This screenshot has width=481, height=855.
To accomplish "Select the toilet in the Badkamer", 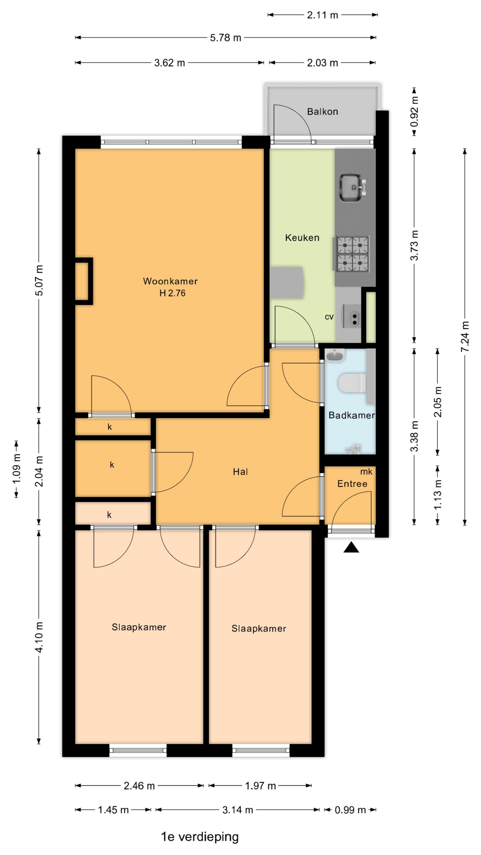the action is tap(352, 383).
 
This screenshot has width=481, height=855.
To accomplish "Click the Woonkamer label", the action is tap(170, 281).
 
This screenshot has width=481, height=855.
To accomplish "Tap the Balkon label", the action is tap(322, 112).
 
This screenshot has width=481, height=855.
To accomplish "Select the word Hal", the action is tap(240, 472).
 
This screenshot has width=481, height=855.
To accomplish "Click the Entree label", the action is tap(352, 484).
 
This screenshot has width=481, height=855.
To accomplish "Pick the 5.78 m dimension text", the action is tap(225, 38).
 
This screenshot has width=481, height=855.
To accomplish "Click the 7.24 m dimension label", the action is tap(465, 336).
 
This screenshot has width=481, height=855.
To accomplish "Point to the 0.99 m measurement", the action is tap(350, 810).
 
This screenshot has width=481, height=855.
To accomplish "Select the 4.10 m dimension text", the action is tap(39, 637).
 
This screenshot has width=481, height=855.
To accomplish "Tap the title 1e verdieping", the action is tap(200, 837).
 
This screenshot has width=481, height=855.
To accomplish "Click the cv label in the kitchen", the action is tap(329, 317).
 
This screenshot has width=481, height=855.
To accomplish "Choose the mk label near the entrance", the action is tap(366, 472).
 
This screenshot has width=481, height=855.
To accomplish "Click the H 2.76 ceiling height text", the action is tap(172, 293).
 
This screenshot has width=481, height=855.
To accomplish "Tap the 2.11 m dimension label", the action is tap(322, 15).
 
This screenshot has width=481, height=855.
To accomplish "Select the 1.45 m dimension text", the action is tap(113, 810).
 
